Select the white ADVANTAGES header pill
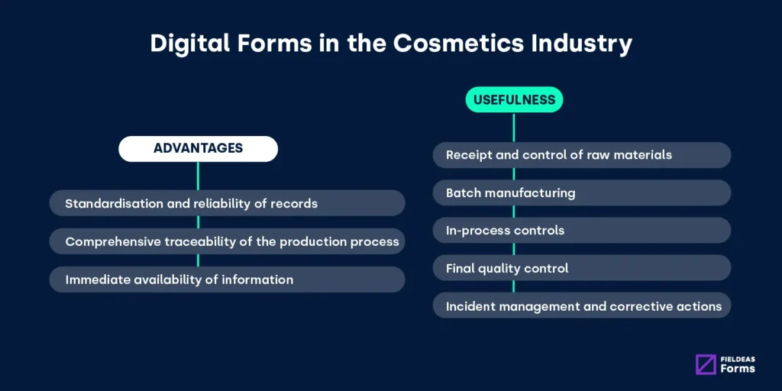[198, 148]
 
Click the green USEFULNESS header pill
[514, 100]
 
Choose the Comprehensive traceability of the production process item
[227, 241]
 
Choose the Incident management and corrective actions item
[582, 306]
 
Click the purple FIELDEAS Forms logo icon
[706, 364]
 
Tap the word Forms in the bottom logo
[737, 369]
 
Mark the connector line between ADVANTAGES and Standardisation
[198, 176]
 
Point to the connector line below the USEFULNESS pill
[514, 127]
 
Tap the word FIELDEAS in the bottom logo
[738, 358]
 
